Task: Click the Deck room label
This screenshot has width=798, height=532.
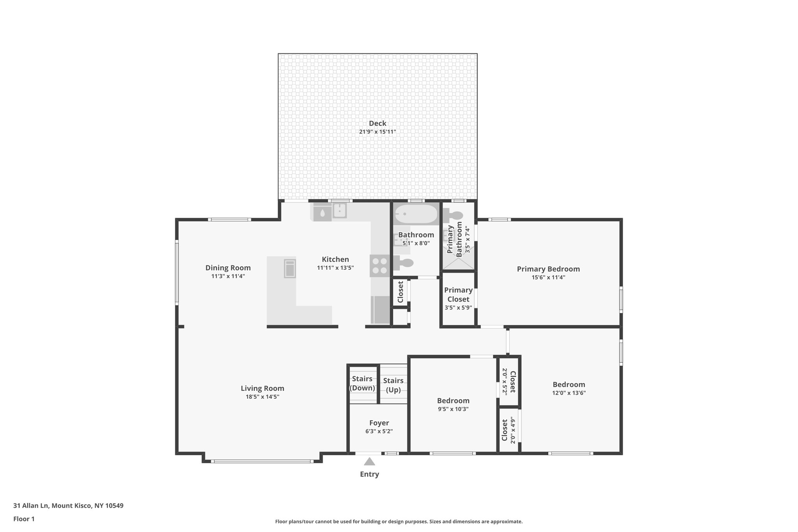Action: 377,124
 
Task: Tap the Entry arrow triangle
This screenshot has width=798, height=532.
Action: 369,462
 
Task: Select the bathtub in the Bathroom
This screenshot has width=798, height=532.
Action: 416,214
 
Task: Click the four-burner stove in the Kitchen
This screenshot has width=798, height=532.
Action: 380,265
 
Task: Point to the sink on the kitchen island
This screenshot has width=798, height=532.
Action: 290,269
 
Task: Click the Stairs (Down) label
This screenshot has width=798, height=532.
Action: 362,383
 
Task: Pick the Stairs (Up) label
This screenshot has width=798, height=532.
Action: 393,385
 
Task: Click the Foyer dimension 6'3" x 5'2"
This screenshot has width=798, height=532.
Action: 379,431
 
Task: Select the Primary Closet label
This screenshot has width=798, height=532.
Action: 458,295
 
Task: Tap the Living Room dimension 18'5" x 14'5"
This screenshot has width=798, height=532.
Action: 262,397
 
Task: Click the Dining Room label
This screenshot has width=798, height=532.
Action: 228,268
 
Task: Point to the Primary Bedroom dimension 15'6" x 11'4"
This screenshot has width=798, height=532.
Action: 548,277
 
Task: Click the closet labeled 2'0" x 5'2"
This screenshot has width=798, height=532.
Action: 508,382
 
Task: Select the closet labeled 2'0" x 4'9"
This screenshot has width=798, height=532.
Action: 508,430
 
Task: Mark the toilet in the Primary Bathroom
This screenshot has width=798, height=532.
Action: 453,215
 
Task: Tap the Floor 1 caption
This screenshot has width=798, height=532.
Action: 24,519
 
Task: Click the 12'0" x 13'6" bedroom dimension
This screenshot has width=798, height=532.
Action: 568,393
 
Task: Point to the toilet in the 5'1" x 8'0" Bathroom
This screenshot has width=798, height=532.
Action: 404,263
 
